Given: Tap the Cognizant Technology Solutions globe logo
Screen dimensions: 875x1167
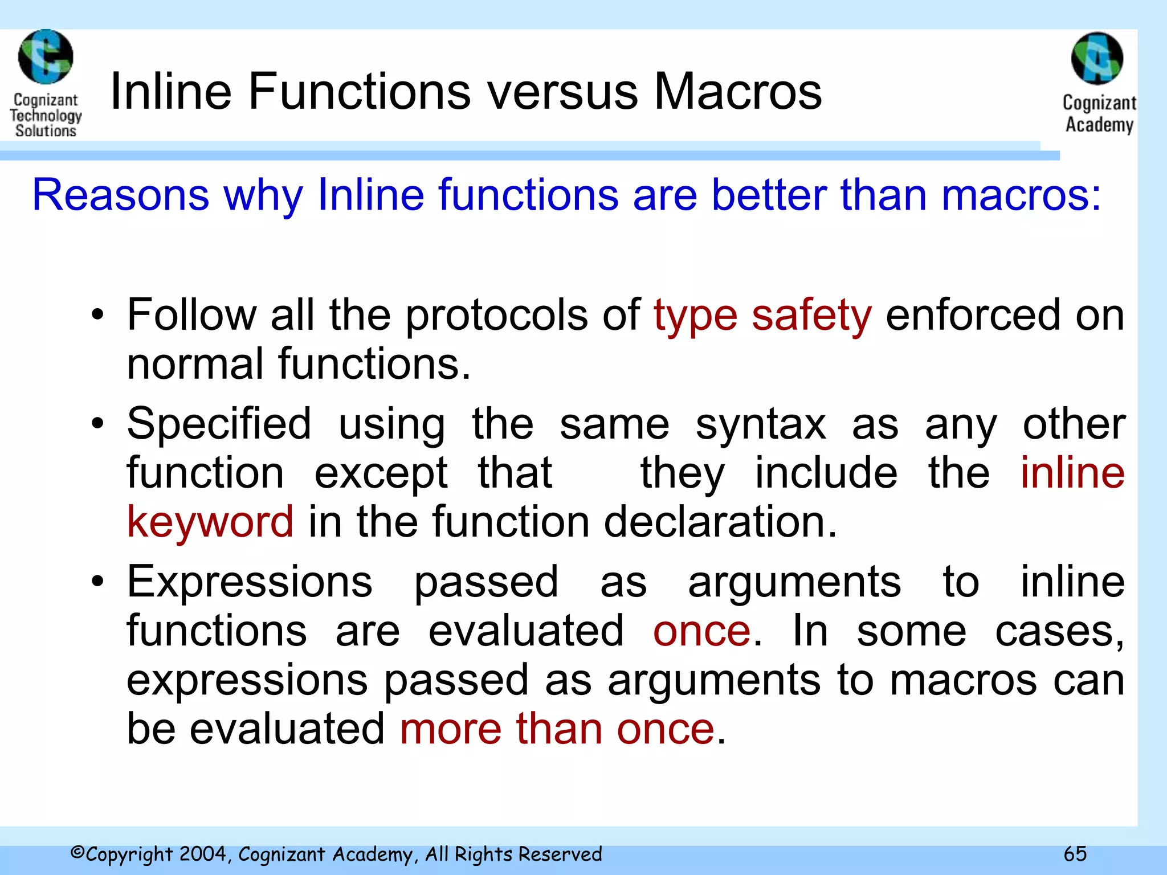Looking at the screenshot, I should coord(46,57).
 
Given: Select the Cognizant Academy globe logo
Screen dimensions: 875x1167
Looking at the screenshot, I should coord(1097,59).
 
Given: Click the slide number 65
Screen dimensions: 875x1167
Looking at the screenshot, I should coord(1075,854).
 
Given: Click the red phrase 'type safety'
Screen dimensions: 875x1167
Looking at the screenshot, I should coord(762,315).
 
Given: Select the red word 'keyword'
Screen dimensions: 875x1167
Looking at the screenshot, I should coord(210,522).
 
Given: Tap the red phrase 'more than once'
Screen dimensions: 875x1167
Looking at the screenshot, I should coord(557,729).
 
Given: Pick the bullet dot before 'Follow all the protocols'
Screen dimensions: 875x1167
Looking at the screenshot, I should coord(98,315).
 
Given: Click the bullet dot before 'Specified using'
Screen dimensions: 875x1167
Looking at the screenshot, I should coord(98,424).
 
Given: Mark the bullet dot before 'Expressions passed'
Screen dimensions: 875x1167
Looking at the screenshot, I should coord(98,582).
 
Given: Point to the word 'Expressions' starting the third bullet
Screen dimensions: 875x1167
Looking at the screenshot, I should coord(250,582).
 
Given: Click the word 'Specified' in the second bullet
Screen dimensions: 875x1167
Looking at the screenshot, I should coord(219,424).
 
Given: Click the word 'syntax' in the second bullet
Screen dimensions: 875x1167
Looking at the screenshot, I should coord(761,425).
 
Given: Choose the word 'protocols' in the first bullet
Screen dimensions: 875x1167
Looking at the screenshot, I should coord(496,315).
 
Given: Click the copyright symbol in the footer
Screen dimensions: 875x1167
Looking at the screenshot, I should coord(77,853).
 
